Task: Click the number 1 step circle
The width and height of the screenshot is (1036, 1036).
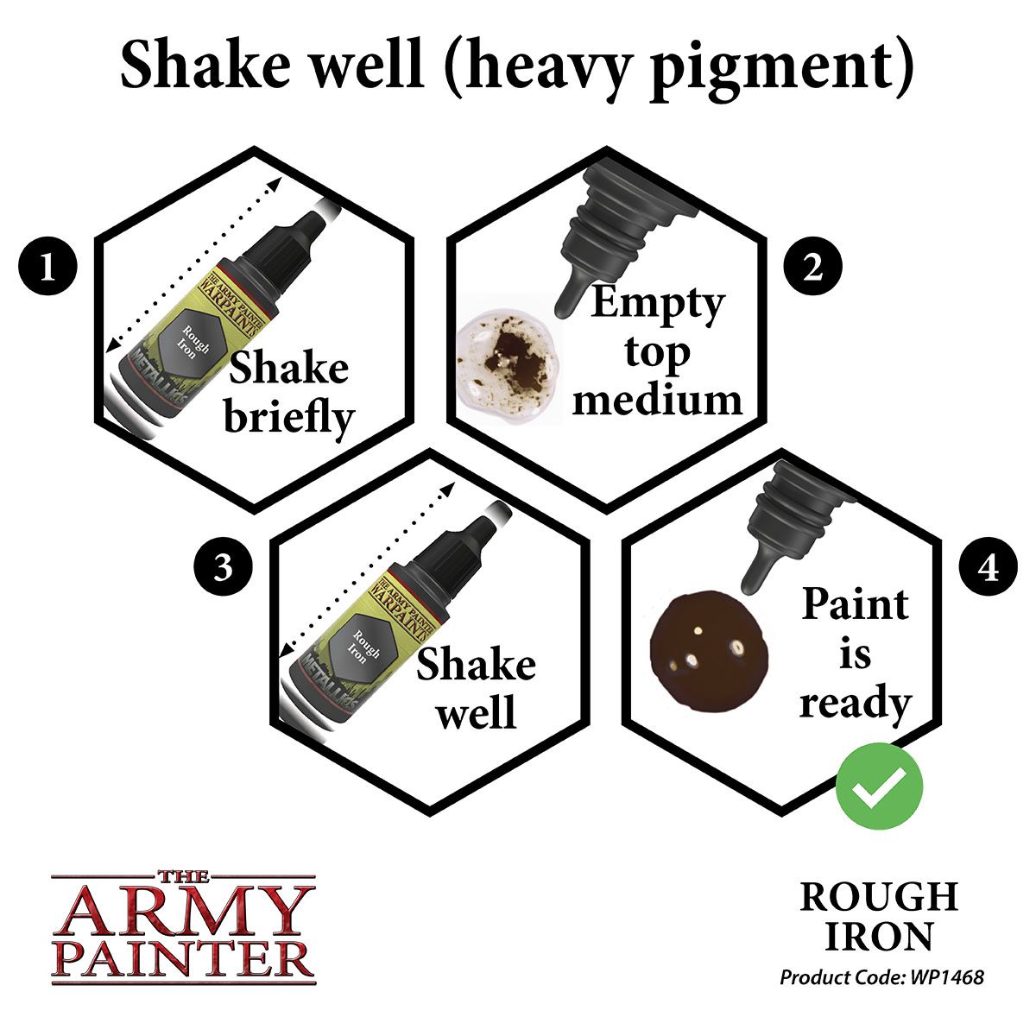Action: (47, 268)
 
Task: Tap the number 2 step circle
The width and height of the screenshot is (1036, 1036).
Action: (812, 268)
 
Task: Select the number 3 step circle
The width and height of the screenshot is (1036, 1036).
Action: (224, 569)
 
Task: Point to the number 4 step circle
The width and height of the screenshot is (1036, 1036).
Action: (989, 569)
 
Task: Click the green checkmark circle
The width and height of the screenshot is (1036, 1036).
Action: (880, 786)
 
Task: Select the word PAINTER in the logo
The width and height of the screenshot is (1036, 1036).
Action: (182, 958)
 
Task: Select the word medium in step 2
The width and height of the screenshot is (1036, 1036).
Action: (657, 399)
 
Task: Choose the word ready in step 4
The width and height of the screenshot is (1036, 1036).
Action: (855, 703)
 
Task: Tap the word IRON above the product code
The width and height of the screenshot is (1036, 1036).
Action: (879, 936)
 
